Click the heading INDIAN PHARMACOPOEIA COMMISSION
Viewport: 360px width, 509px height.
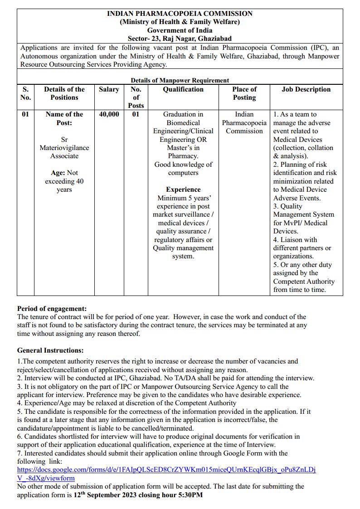tap(180, 14)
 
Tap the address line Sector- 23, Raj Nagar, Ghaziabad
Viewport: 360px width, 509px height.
tap(180, 39)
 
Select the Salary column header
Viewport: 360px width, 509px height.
tap(109, 89)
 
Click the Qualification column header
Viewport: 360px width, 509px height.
tap(183, 89)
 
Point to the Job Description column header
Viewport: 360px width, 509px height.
tap(306, 89)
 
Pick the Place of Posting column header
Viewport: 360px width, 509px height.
tap(244, 93)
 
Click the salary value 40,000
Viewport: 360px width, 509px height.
tap(109, 114)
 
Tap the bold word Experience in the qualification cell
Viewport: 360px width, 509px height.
tap(183, 189)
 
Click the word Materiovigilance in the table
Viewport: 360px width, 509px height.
tap(64, 148)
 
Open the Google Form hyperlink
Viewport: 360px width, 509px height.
tap(166, 470)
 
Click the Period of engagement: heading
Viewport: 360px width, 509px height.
tap(52, 309)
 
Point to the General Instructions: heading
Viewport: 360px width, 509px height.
tap(50, 350)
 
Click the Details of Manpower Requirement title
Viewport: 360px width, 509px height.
tap(180, 80)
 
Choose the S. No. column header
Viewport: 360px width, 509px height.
tap(26, 93)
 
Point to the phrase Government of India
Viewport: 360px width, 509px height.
tap(180, 30)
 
